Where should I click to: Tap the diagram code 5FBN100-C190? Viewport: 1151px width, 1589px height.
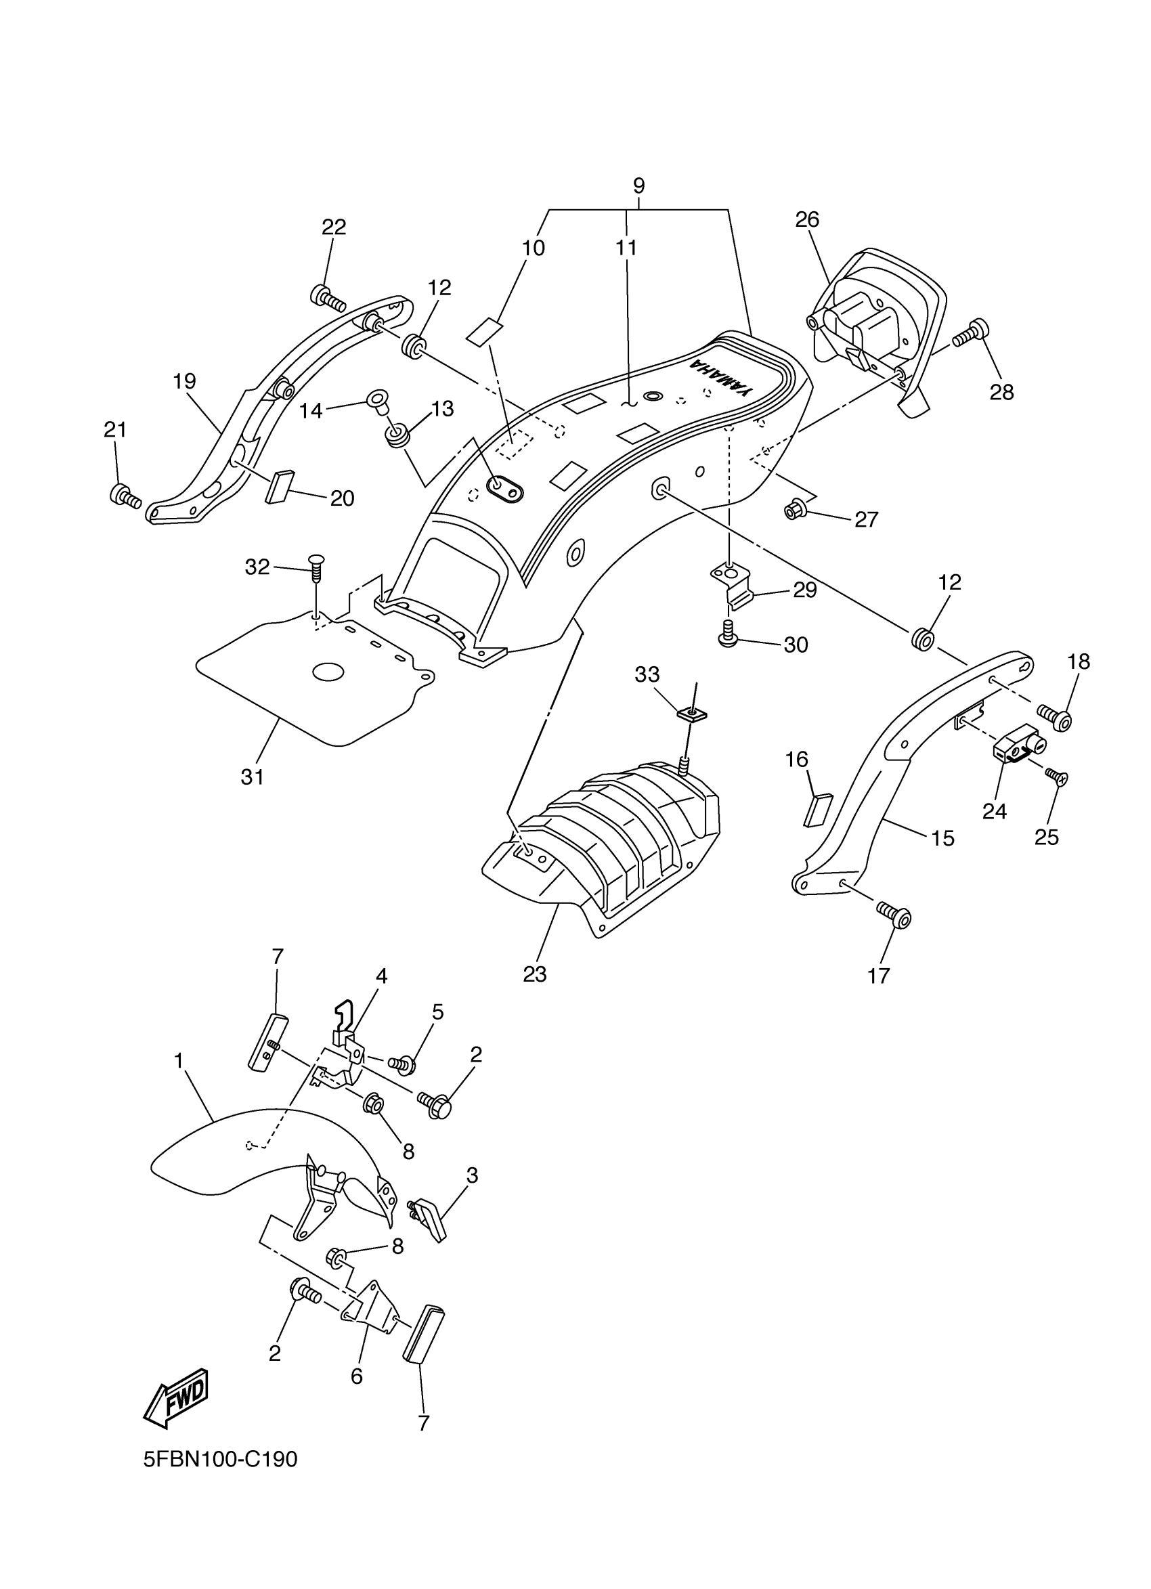(221, 1460)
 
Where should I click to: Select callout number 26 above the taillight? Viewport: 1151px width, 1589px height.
(806, 220)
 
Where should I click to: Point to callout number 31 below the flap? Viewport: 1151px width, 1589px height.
(252, 777)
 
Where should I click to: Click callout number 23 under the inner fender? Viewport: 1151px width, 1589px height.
(534, 974)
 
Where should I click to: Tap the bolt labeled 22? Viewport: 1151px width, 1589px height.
(328, 299)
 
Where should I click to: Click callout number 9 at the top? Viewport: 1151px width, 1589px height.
(638, 186)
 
